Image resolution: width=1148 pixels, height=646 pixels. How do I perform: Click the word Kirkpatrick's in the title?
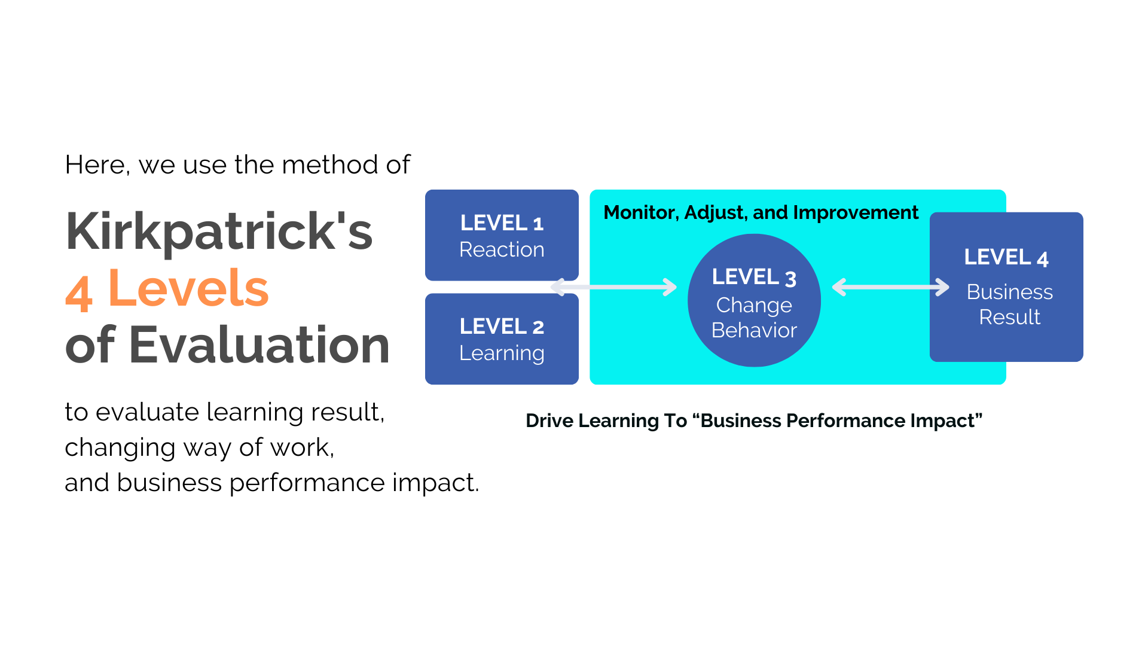(x=219, y=232)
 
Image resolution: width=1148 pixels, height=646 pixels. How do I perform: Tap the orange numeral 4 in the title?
(x=79, y=293)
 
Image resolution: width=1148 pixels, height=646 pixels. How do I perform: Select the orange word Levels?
(x=188, y=288)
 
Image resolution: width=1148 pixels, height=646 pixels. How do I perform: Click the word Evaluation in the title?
(x=259, y=345)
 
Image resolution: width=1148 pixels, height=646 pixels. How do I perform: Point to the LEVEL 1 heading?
(x=501, y=223)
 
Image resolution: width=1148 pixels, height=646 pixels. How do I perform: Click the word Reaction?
(x=501, y=249)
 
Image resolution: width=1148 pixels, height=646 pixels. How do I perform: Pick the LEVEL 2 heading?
(x=501, y=327)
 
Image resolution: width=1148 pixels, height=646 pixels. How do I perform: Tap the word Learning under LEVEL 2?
(x=501, y=354)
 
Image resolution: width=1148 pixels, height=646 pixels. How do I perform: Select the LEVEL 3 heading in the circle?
(x=753, y=278)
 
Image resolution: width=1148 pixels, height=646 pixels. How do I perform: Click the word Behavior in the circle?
(x=753, y=330)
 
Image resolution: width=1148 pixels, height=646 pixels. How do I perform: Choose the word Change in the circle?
(x=753, y=305)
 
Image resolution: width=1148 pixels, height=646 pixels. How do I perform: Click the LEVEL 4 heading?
(x=1006, y=258)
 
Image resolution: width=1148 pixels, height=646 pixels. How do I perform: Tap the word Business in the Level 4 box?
(x=1009, y=292)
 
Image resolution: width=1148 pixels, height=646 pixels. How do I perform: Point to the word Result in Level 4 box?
(x=1009, y=317)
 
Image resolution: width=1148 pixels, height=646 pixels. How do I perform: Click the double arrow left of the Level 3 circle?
(x=613, y=287)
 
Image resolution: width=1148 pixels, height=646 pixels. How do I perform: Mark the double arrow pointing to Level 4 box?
(x=890, y=287)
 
